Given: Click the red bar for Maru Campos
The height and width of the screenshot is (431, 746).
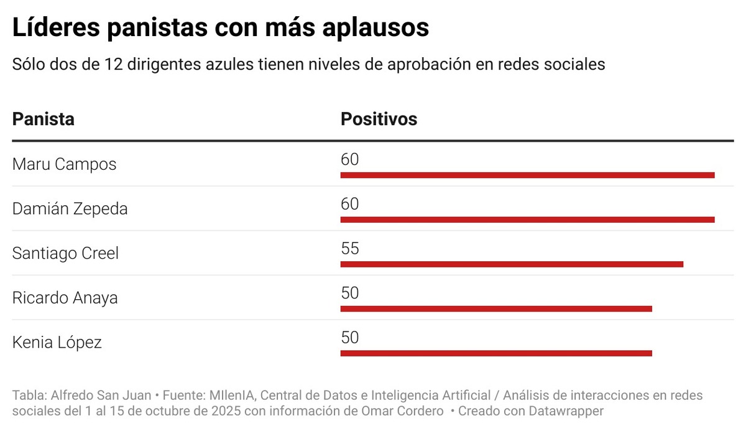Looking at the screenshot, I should click(527, 175).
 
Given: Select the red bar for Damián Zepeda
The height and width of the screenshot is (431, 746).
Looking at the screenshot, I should click(527, 220).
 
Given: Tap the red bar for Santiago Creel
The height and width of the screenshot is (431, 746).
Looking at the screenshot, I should click(512, 264).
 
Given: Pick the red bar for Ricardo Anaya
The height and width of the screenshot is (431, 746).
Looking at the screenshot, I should click(496, 309).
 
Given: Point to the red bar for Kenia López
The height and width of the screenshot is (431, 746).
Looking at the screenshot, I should click(496, 353).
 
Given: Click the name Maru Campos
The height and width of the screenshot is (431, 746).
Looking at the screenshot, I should click(64, 165).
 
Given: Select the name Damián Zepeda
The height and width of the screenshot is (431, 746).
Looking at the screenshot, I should click(70, 209).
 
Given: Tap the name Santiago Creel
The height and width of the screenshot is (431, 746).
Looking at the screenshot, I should click(65, 254).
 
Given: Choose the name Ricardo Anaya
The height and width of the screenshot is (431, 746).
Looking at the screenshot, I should click(65, 298).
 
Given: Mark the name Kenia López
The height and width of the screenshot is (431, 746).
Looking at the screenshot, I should click(57, 343).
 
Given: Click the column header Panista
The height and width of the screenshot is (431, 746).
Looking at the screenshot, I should click(43, 119).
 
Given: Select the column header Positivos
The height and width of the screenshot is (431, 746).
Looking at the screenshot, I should click(379, 119).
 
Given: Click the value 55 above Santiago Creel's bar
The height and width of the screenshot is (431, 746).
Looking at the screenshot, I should click(350, 249).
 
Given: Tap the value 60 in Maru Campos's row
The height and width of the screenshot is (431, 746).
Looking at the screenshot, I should click(350, 160).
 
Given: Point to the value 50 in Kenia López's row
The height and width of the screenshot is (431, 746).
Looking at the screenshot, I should click(350, 338).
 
